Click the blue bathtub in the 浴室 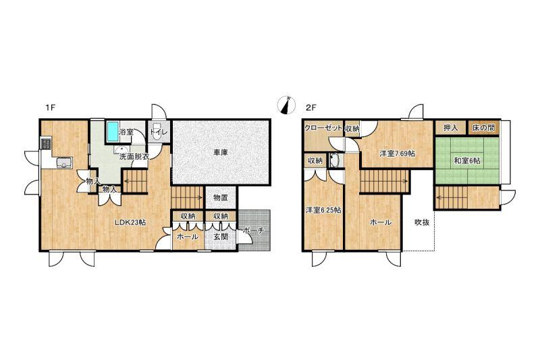(x=112, y=131)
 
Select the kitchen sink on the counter (x=64, y=162)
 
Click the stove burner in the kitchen (x=46, y=143)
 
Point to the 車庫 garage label (x=220, y=153)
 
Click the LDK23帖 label (x=130, y=222)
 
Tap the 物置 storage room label (x=221, y=198)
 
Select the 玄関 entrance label (x=220, y=236)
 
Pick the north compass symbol (x=286, y=105)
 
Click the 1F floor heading (x=51, y=107)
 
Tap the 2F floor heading (x=311, y=107)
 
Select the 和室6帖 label (x=467, y=161)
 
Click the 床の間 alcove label (x=483, y=128)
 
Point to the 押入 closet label (x=450, y=128)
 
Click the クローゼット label (x=323, y=128)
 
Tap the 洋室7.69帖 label (x=397, y=153)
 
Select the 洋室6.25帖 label (x=323, y=209)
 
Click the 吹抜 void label (x=421, y=222)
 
